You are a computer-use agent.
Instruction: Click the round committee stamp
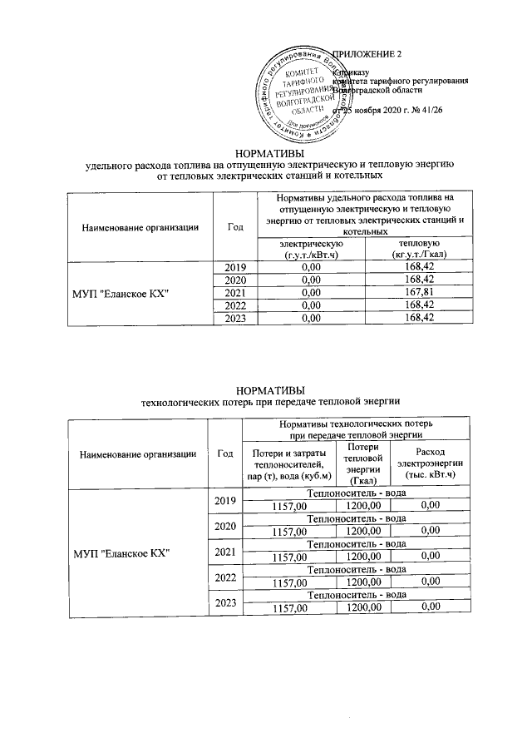297,93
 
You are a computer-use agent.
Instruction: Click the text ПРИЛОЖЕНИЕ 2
367,55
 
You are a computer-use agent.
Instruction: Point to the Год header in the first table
235,225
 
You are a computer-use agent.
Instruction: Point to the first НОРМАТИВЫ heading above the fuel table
270,153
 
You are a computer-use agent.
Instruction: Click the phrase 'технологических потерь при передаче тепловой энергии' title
270,402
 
